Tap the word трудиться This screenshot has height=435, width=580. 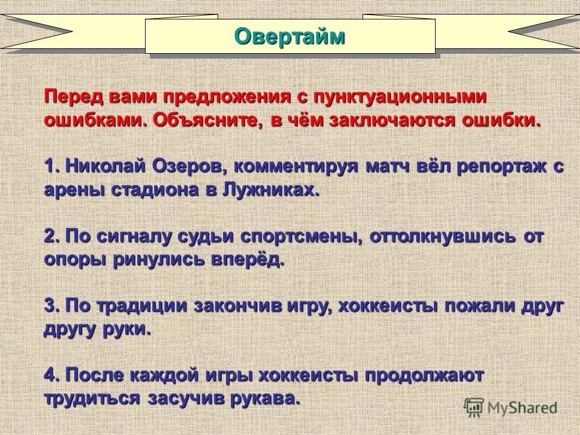point(92,399)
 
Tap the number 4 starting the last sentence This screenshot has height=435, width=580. point(51,375)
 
